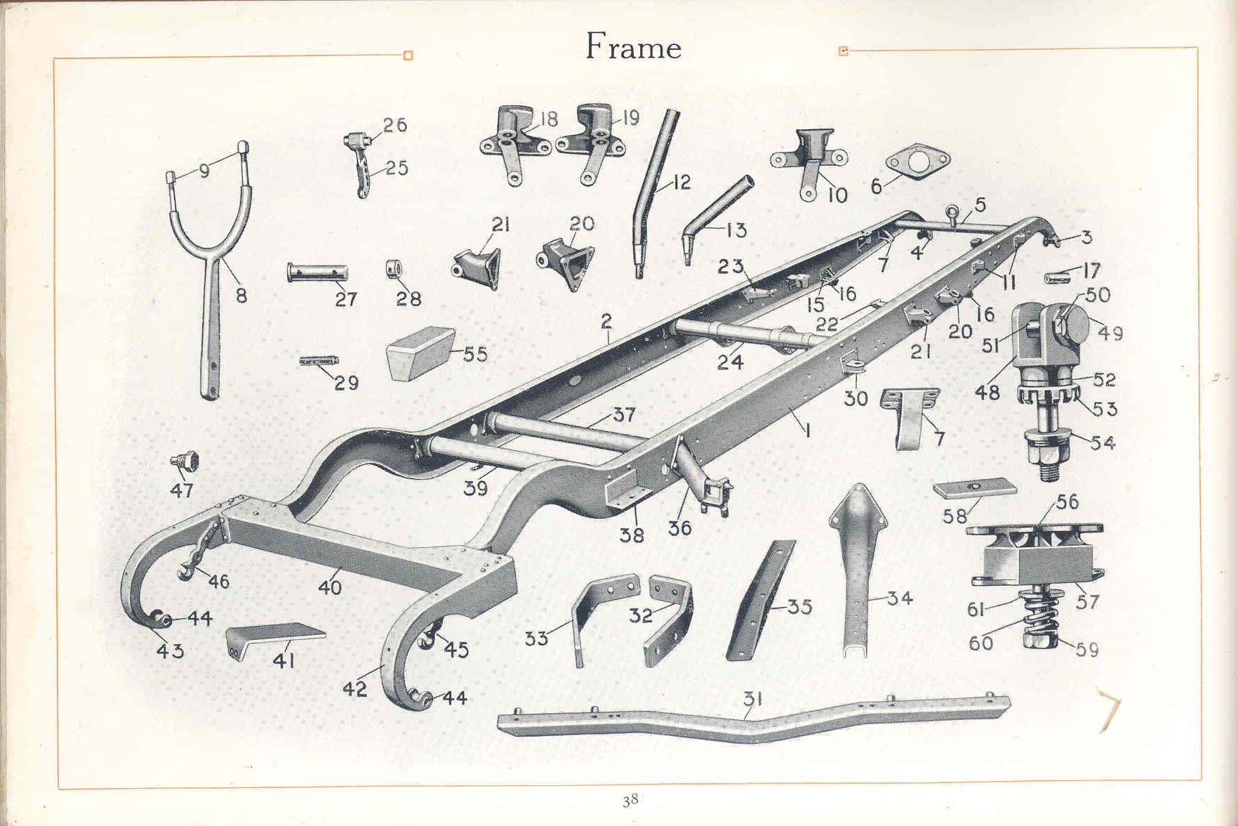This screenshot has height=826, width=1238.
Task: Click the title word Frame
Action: (633, 46)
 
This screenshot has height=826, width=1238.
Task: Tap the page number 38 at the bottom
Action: (630, 800)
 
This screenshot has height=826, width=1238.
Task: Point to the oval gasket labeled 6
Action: (918, 162)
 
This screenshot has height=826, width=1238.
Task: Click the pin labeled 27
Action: (317, 273)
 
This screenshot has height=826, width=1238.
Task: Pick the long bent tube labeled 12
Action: (656, 193)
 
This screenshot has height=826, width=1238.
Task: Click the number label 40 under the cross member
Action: (330, 586)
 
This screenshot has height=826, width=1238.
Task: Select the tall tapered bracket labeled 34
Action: (858, 569)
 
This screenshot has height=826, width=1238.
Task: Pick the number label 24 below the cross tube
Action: (730, 362)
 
